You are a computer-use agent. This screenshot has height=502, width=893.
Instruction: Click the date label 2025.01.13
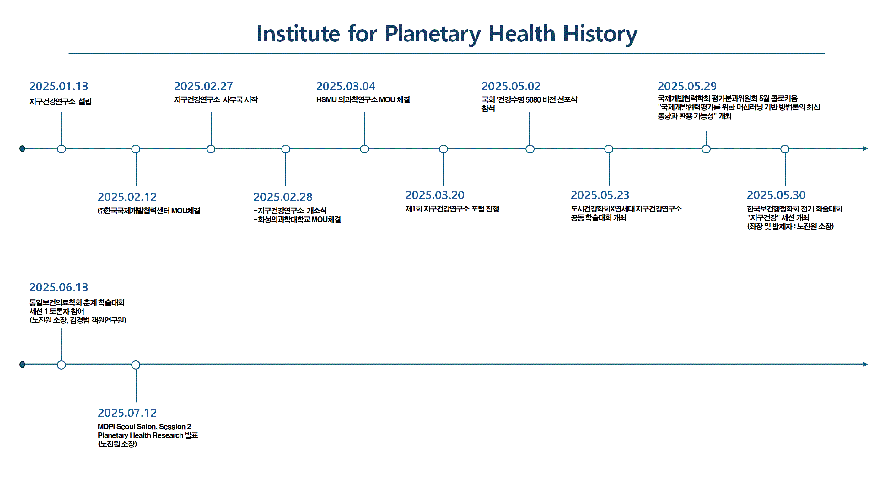point(59,86)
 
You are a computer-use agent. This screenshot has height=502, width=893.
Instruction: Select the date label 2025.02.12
point(127,197)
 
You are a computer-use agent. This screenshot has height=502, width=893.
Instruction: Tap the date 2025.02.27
point(203,86)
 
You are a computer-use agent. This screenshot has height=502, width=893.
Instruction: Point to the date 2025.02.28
point(283,197)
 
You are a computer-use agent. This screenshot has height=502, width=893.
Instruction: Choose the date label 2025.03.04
point(345,86)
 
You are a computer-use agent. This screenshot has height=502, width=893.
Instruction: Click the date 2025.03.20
point(435,195)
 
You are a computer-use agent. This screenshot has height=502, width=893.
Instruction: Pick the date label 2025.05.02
point(511,86)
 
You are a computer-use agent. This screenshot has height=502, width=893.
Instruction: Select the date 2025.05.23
point(600,195)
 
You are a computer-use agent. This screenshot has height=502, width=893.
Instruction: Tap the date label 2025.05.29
point(687,86)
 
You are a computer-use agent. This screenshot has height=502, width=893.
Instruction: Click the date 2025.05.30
point(776,195)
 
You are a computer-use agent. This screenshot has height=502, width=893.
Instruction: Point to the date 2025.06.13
point(59,287)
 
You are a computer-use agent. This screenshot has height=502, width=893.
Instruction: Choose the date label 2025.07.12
point(127,413)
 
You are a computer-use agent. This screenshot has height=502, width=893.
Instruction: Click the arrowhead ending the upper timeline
point(865,149)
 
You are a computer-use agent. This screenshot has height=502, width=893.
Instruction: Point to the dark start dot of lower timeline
point(22,365)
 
